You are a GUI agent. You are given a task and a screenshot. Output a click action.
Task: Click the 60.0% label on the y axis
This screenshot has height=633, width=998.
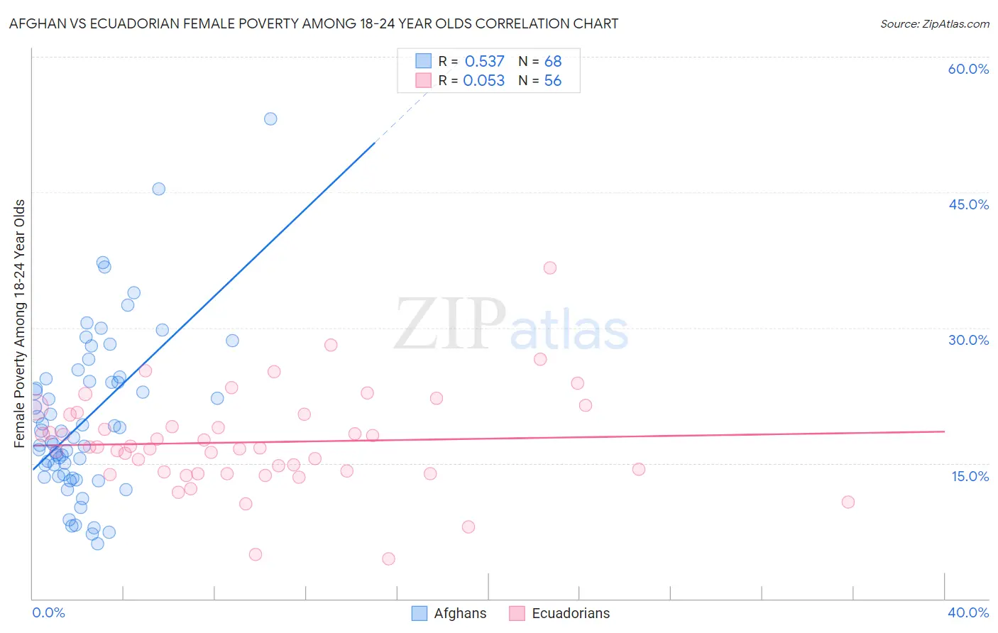968,69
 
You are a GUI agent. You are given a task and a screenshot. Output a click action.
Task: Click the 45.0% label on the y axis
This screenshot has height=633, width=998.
968,204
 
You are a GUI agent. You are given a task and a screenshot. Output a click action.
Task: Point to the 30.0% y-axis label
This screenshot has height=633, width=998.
968,340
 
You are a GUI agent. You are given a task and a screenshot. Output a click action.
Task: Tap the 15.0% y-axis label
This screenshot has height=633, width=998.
970,476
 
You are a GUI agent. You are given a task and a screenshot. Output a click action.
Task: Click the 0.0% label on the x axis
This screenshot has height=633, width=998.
48,612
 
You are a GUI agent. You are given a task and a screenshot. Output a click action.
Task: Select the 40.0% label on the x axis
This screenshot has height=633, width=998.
967,612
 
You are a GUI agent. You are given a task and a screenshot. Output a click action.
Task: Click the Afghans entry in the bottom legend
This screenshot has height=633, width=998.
460,613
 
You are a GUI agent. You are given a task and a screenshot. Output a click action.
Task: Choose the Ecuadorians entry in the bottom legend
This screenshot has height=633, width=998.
570,613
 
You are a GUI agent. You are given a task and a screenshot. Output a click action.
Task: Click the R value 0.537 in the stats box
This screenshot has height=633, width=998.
484,62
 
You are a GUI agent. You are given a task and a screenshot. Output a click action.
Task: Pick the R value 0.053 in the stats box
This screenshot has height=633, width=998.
483,81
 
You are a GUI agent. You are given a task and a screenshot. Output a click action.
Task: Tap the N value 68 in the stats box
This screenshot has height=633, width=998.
553,62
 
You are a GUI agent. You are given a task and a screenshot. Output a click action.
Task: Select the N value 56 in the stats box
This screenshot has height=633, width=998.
552,81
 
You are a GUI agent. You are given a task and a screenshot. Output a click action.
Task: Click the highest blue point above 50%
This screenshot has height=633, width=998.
270,119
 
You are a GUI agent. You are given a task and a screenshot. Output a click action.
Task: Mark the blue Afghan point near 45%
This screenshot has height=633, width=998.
159,189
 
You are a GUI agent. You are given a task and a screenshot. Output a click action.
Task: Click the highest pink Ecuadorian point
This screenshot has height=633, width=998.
549,268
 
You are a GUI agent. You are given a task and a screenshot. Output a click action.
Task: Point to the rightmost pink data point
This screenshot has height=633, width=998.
848,502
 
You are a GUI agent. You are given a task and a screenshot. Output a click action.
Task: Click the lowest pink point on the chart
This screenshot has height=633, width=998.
388,558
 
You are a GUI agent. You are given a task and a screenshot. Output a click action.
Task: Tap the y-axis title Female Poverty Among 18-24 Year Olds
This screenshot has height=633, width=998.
20,324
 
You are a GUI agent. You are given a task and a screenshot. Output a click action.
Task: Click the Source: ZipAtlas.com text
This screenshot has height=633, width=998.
934,24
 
